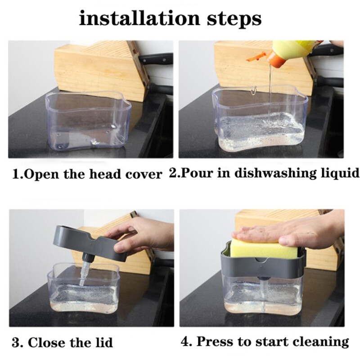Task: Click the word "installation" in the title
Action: click(139, 18)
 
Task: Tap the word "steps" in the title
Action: click(234, 20)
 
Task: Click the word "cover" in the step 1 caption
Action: click(144, 175)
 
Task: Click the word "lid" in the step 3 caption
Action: click(103, 342)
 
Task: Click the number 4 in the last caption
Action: click(185, 342)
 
